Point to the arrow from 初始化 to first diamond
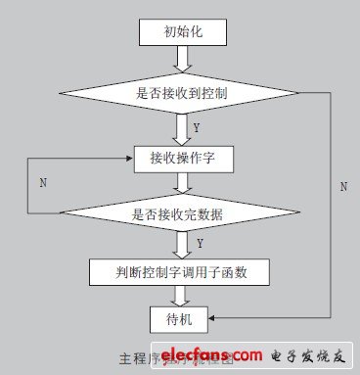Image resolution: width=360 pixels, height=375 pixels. (181, 61)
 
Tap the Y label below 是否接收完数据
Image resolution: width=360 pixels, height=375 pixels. (200, 242)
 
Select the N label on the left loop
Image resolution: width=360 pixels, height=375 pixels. (42, 182)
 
